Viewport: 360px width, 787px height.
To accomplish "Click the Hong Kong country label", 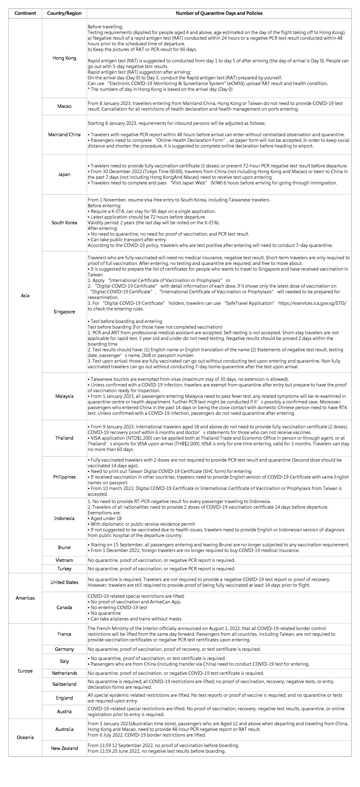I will click(64, 58).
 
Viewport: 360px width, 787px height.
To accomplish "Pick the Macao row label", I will click(64, 106).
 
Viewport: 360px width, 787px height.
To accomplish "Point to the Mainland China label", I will click(64, 134).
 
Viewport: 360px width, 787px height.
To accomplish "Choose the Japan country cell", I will click(64, 174).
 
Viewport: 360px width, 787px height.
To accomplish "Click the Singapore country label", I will click(64, 312).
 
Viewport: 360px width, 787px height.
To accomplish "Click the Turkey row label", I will click(64, 569).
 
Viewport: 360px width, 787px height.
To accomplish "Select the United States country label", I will click(64, 582).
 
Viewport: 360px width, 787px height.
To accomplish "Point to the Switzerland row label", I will click(64, 684).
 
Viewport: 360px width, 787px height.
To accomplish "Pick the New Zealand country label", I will click(64, 748).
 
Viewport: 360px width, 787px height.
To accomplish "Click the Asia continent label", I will click(25, 295).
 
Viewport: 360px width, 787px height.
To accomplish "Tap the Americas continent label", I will click(25, 598).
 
